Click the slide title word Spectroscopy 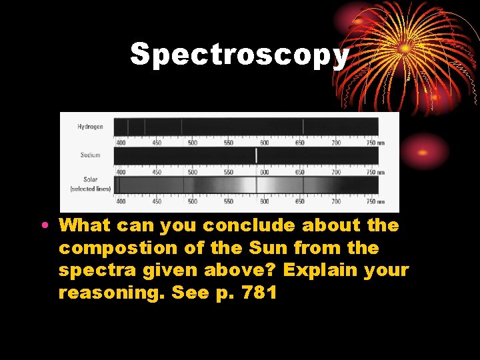[239, 54]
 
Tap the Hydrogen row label [90, 127]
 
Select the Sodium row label [90, 155]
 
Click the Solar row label [90, 180]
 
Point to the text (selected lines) [90, 189]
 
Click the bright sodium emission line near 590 [257, 155]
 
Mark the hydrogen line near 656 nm [303, 127]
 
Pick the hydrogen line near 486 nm [181, 127]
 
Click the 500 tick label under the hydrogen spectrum [192, 143]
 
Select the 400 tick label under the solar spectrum [121, 201]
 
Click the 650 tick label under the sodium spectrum [300, 172]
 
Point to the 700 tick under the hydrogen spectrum [336, 143]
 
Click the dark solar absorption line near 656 [303, 185]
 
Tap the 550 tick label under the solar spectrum [228, 201]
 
